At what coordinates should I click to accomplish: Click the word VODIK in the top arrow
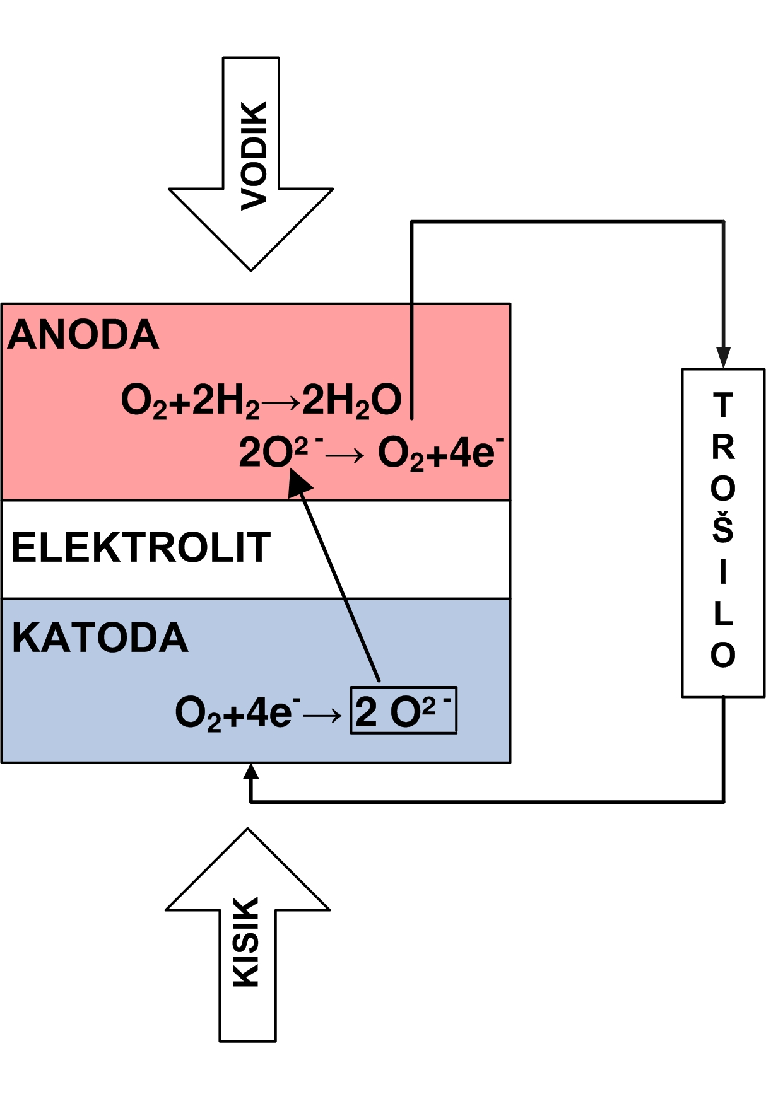254,155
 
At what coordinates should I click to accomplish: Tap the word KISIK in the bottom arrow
246,942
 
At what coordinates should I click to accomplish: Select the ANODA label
83,334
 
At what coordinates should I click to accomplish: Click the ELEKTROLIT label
141,547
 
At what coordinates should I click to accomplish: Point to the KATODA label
100,637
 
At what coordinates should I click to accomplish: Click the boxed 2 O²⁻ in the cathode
404,711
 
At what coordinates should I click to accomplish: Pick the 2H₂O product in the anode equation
352,400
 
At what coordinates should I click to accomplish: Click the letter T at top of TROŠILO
723,405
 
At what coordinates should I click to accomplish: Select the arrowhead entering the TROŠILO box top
723,358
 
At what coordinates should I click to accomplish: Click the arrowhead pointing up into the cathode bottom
251,771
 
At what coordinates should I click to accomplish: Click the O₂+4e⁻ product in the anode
440,453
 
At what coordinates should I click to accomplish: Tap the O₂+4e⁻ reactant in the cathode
237,713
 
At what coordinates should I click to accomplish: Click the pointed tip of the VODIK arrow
251,270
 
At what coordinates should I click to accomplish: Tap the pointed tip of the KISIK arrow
248,829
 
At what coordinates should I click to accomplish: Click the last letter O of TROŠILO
723,655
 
